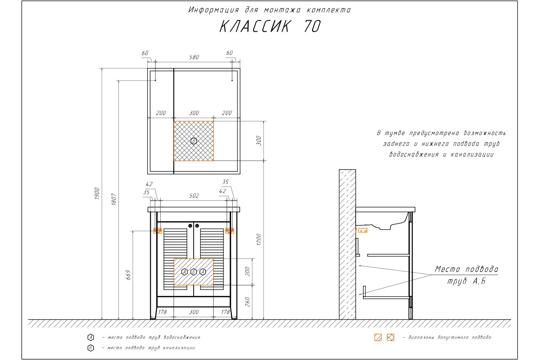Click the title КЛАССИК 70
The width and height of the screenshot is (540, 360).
[x=270, y=26]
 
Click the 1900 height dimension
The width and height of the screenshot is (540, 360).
[x=97, y=194]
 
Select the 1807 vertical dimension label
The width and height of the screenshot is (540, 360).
[x=114, y=199]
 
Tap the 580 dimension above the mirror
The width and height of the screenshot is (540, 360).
[x=194, y=57]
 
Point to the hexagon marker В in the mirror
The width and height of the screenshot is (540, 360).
[x=194, y=141]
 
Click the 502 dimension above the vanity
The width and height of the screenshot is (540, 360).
[x=194, y=195]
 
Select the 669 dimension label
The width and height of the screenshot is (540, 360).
[x=128, y=275]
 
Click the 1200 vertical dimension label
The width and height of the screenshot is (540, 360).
[x=259, y=239]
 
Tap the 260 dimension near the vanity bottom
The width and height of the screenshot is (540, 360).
[x=248, y=302]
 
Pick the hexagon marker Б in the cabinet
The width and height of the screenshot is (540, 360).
[x=194, y=272]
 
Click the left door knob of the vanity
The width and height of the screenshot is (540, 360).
[x=190, y=225]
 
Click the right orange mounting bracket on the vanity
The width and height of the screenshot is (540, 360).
[x=229, y=231]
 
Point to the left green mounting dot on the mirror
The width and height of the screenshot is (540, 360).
[x=156, y=80]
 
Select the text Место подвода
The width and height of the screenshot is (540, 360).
[x=467, y=269]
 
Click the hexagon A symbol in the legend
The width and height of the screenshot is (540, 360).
[x=91, y=337]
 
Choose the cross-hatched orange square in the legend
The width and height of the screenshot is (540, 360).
[x=391, y=337]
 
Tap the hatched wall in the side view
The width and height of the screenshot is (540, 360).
[x=347, y=245]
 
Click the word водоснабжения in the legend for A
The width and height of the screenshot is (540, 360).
[x=182, y=337]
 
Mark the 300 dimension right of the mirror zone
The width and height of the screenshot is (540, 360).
[x=258, y=141]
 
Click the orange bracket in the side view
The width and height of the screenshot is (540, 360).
[x=362, y=230]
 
